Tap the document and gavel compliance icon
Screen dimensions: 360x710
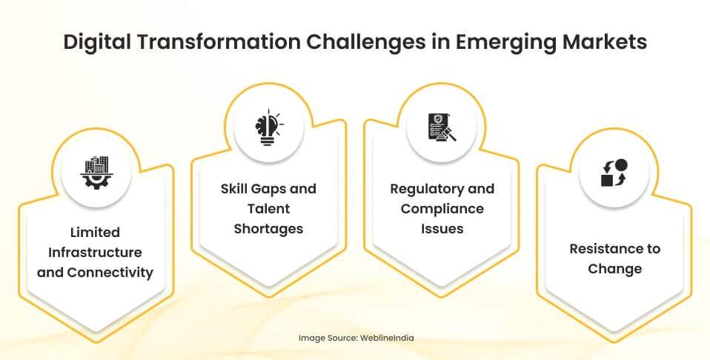[x=442, y=127]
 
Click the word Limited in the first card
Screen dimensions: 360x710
[x=95, y=233]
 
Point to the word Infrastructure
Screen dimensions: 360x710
[x=95, y=253]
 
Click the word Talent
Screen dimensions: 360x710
[x=268, y=209]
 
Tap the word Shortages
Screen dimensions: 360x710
[x=268, y=229]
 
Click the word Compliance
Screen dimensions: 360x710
[x=442, y=209]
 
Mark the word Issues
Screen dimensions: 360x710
[x=442, y=229]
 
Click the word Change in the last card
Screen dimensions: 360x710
[x=614, y=268]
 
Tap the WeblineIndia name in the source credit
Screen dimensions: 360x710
[x=387, y=338]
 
